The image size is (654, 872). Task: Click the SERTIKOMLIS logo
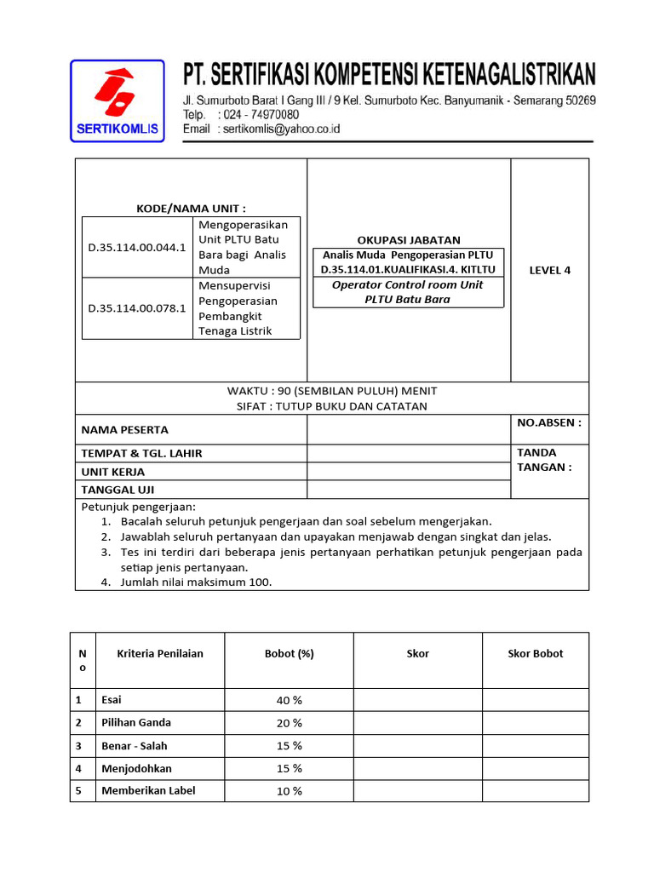pos(118,100)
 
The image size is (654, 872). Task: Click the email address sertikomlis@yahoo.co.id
pos(280,129)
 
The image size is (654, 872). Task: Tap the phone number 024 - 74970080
pos(259,115)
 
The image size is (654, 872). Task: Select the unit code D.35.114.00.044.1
pos(137,248)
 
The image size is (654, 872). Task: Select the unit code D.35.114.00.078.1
pos(137,307)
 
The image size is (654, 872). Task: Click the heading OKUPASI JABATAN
pos(409,240)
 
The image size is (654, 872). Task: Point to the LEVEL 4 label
pos(549,270)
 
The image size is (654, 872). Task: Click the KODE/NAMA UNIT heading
pos(191,209)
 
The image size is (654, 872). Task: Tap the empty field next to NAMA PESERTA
pos(408,430)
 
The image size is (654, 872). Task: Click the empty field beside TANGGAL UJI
pos(408,490)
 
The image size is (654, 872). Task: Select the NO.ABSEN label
pos(549,422)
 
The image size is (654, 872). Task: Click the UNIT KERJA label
pos(113,472)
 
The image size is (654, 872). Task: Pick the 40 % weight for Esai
pos(290,700)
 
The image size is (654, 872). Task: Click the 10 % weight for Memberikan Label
pos(290,791)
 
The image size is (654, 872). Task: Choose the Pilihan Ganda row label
pos(136,723)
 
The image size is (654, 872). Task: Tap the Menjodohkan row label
pos(136,768)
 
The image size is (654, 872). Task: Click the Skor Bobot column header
pos(536,654)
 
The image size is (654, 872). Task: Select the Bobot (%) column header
pos(290,654)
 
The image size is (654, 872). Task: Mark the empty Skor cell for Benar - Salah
pos(418,746)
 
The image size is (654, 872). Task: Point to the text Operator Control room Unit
pos(408,285)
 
